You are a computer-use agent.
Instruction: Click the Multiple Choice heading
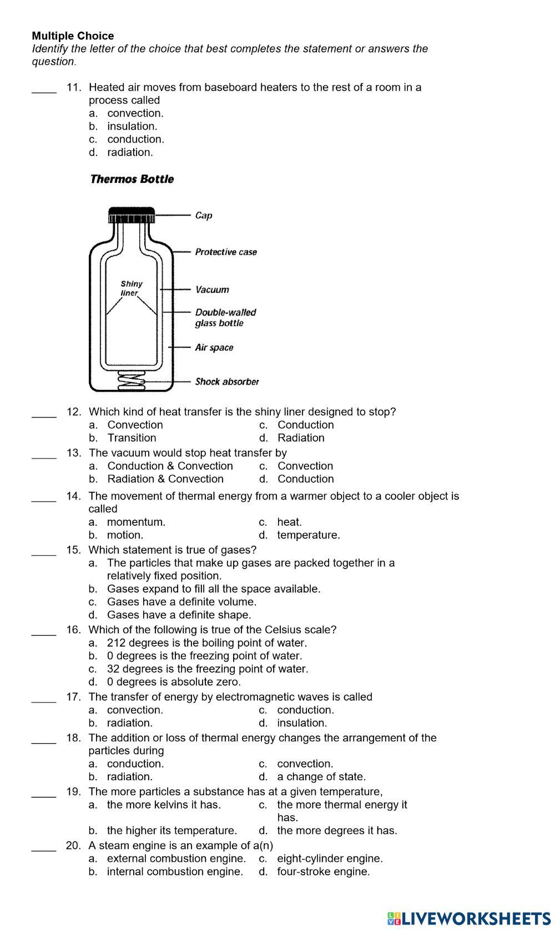click(73, 36)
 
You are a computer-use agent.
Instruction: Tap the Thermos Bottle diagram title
click(132, 179)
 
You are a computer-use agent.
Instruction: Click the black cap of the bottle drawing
click(132, 213)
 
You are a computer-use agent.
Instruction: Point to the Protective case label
click(226, 252)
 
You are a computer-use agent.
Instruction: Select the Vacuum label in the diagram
click(212, 289)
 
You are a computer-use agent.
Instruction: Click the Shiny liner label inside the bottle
click(132, 288)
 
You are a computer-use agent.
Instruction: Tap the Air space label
click(214, 348)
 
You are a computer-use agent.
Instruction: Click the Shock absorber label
click(227, 382)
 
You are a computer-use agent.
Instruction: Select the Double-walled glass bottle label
click(225, 318)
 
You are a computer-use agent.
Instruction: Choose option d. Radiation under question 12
click(300, 438)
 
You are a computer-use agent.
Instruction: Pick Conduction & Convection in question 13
click(170, 466)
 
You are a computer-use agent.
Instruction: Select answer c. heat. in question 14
click(289, 522)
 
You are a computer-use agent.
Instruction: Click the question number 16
click(73, 630)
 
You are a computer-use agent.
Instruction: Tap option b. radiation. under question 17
click(129, 723)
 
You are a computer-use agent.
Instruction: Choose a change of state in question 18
click(321, 777)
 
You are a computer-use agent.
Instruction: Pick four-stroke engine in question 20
click(323, 872)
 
